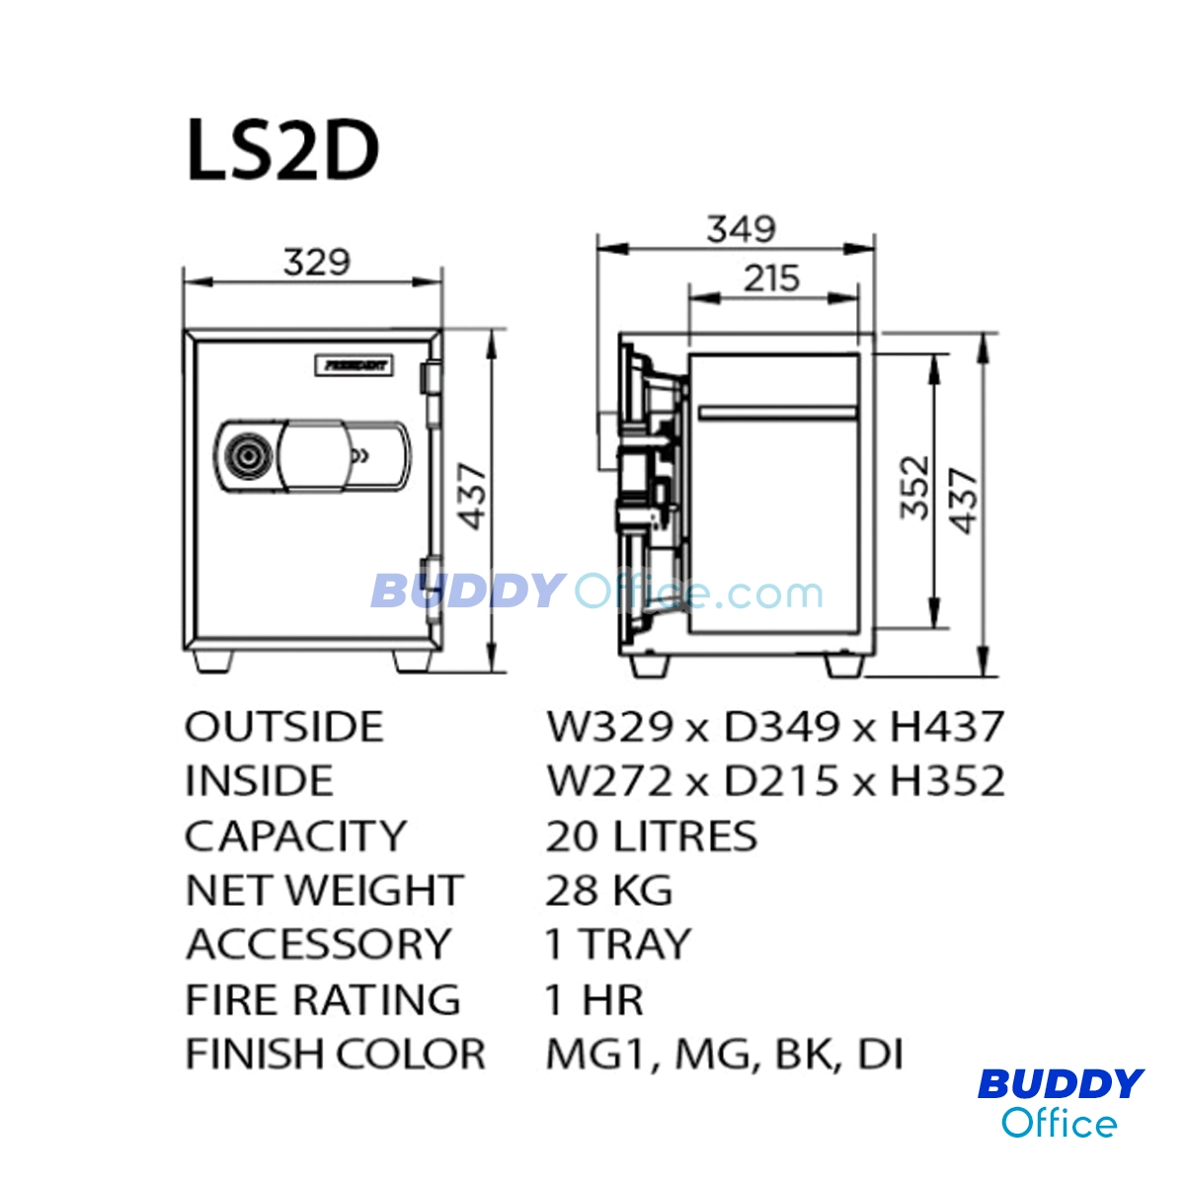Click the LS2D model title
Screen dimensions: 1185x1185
pos(282,150)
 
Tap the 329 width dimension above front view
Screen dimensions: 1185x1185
pos(316,262)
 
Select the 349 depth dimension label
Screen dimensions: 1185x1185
pos(741,229)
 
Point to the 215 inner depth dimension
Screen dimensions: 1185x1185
pos(772,277)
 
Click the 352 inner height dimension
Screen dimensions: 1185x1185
pos(913,487)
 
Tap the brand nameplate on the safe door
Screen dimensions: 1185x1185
pos(355,365)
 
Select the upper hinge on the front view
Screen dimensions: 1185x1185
pos(431,377)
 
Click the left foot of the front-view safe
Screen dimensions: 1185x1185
pos(213,661)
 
